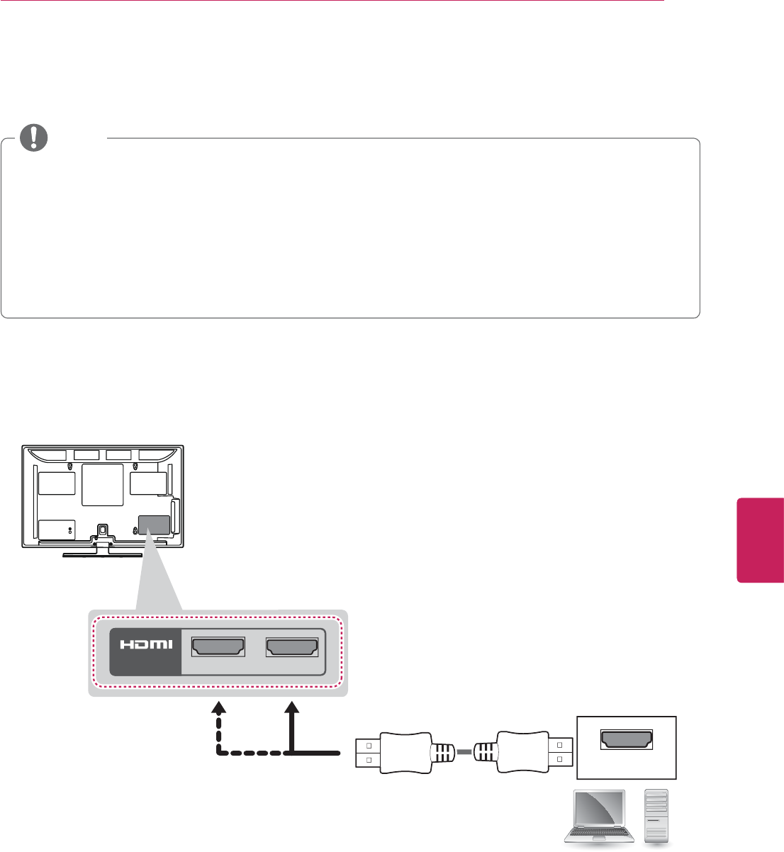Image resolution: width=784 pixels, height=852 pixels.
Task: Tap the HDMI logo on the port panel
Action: click(x=145, y=645)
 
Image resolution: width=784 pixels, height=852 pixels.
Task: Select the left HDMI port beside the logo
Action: click(x=218, y=646)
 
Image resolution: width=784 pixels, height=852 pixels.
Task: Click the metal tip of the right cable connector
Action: click(x=557, y=752)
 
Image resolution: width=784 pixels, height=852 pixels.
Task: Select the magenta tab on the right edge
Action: click(x=760, y=539)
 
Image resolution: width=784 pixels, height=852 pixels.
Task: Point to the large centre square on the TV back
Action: click(x=102, y=485)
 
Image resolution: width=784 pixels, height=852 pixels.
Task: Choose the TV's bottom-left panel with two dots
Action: click(x=57, y=529)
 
